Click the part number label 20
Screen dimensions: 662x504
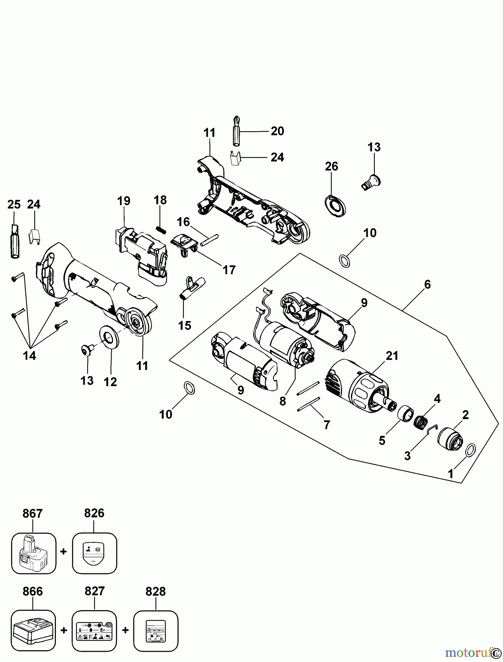(x=277, y=131)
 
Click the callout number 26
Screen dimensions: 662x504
(x=331, y=166)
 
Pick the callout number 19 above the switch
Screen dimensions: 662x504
(x=124, y=201)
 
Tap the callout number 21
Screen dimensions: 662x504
(x=392, y=356)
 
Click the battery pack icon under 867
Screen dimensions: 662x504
(x=33, y=554)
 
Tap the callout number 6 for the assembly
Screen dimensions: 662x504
(x=427, y=284)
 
